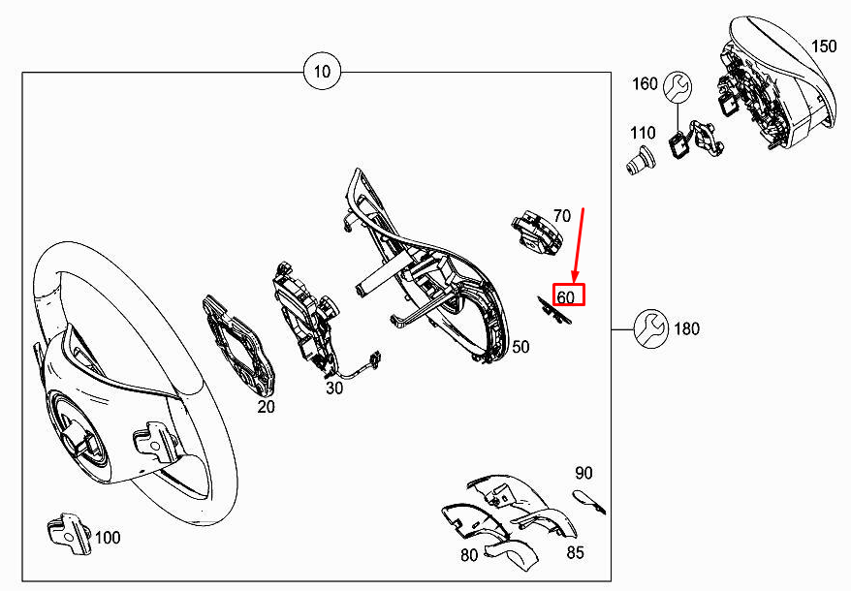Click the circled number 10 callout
click(322, 72)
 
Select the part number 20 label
click(266, 407)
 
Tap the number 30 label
click(334, 389)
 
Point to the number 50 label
click(520, 347)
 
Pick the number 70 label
click(562, 216)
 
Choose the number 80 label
click(469, 555)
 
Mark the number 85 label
click(576, 552)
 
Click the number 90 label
click(583, 473)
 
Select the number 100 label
click(108, 538)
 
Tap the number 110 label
click(643, 133)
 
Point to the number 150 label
click(824, 47)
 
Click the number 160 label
click(645, 83)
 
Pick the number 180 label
click(686, 328)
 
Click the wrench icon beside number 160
click(678, 87)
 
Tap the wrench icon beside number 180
click(650, 328)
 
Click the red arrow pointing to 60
click(579, 246)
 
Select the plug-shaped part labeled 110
click(639, 161)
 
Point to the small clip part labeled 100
click(69, 534)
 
